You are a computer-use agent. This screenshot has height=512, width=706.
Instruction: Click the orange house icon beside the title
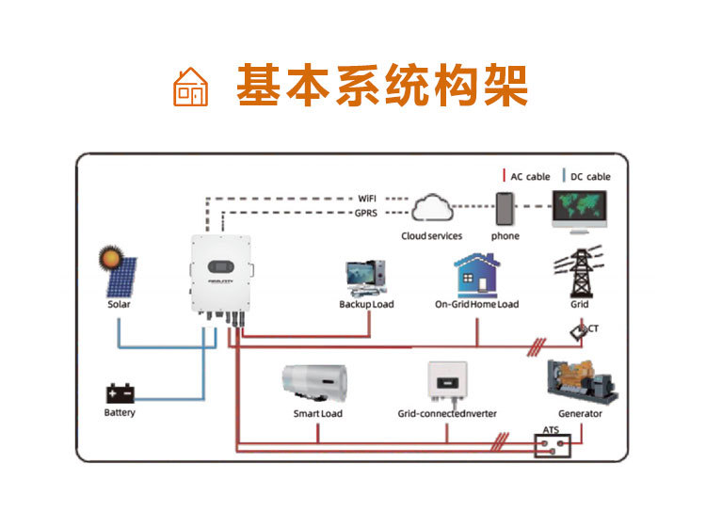(x=190, y=87)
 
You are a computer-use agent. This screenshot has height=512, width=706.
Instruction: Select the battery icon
(x=120, y=392)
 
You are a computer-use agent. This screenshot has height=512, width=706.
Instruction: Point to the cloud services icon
(x=432, y=210)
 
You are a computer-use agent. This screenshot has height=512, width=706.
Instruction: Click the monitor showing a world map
(x=579, y=210)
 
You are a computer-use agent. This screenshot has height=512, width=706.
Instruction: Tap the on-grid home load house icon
(x=476, y=275)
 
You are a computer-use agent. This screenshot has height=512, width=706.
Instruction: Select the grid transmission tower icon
(x=580, y=273)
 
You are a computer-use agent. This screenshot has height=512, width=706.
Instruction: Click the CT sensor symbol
(x=579, y=331)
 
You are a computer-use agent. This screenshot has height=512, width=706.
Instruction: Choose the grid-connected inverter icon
(x=447, y=382)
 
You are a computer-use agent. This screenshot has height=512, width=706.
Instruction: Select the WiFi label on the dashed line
(x=367, y=199)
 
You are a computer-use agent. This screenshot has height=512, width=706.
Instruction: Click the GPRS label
(x=367, y=214)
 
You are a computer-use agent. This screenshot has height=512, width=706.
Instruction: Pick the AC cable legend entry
(x=526, y=176)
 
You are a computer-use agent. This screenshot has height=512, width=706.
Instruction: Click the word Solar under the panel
(x=119, y=304)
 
